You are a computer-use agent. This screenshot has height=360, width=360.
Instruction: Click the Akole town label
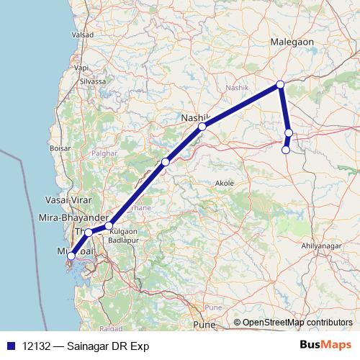click(225, 184)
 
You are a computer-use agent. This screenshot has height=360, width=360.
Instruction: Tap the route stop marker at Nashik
click(202, 127)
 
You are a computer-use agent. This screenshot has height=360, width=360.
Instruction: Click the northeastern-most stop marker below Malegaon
click(280, 85)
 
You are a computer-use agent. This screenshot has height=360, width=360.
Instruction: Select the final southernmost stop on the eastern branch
click(286, 150)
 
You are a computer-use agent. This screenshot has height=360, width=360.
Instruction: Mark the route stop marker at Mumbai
click(71, 256)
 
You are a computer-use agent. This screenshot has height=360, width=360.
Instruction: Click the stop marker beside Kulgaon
click(109, 226)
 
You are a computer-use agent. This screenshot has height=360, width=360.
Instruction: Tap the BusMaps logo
click(325, 346)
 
